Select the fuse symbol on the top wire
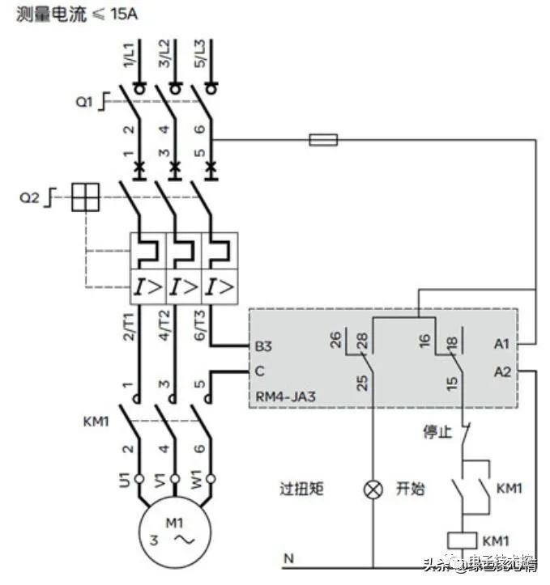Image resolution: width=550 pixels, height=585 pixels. tap(323, 140)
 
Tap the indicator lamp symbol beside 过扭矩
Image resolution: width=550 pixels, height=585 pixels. tap(373, 490)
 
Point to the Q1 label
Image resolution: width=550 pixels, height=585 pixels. tap(85, 102)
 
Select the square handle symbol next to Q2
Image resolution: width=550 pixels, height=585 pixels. tap(84, 197)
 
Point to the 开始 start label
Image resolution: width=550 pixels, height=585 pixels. tap(410, 490)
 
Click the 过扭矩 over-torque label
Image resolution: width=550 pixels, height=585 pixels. tap(301, 490)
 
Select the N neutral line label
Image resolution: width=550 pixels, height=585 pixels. tap(288, 558)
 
